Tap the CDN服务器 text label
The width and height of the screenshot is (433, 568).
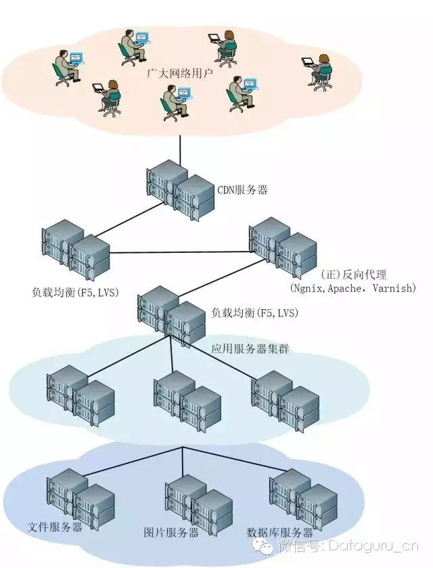coord(242,190)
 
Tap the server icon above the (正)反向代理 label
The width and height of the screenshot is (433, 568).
coord(282,245)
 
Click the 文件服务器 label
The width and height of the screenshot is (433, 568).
coord(55,526)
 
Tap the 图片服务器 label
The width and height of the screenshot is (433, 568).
coord(171,532)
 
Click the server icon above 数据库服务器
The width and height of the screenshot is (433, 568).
coord(302,498)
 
